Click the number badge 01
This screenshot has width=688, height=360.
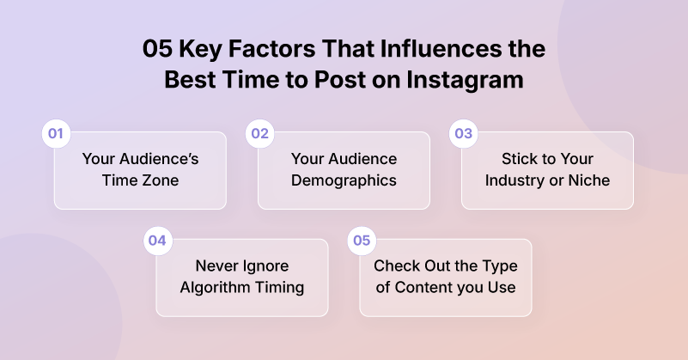click(56, 134)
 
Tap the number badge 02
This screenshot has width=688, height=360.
click(259, 134)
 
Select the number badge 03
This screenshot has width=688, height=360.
click(464, 134)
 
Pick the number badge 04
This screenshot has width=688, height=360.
click(157, 241)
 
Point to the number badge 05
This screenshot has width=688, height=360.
click(362, 241)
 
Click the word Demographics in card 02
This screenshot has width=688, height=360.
click(344, 180)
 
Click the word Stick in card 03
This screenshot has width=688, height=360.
click(520, 159)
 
